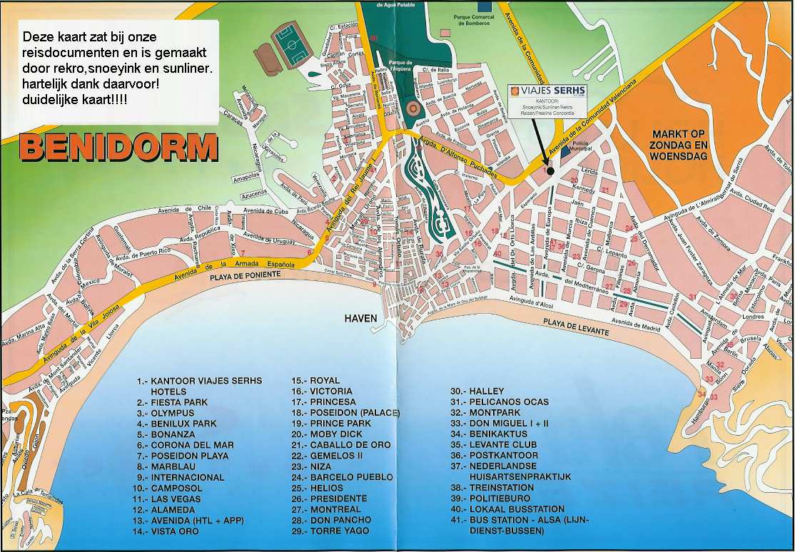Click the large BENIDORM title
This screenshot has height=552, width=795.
point(118,147)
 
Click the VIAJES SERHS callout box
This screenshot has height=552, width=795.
point(547,101)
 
